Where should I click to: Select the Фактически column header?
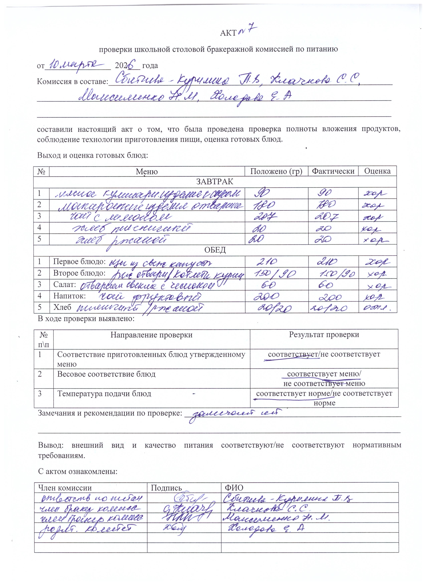pos(333,171)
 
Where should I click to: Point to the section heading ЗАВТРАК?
pos(215,182)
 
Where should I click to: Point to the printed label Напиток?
pos(69,296)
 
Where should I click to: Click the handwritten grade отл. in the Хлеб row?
pos(379,308)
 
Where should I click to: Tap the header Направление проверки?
pos(151,335)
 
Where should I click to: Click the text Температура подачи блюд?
pos(104,394)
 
